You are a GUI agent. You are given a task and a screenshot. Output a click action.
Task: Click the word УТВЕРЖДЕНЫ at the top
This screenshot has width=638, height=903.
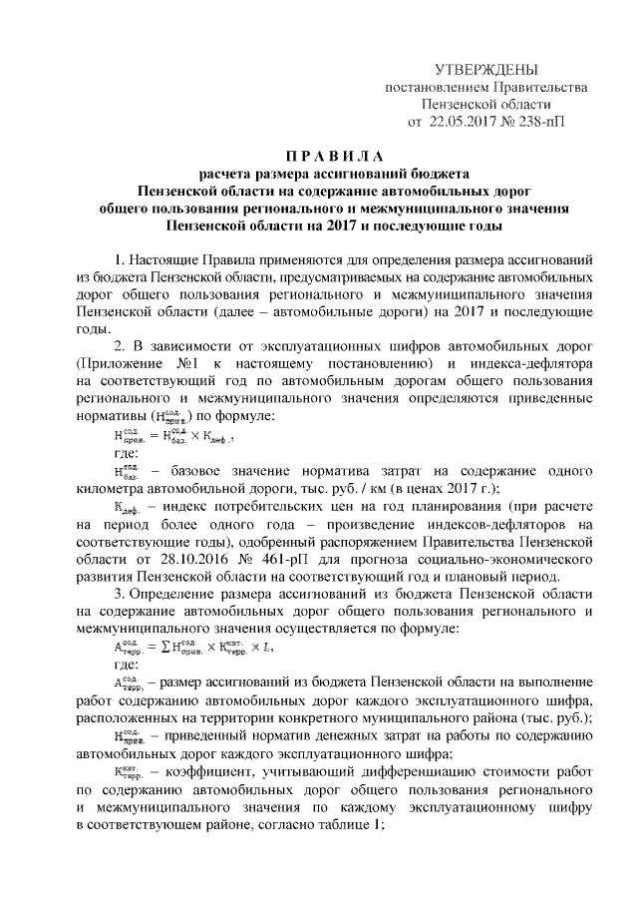(486, 69)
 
